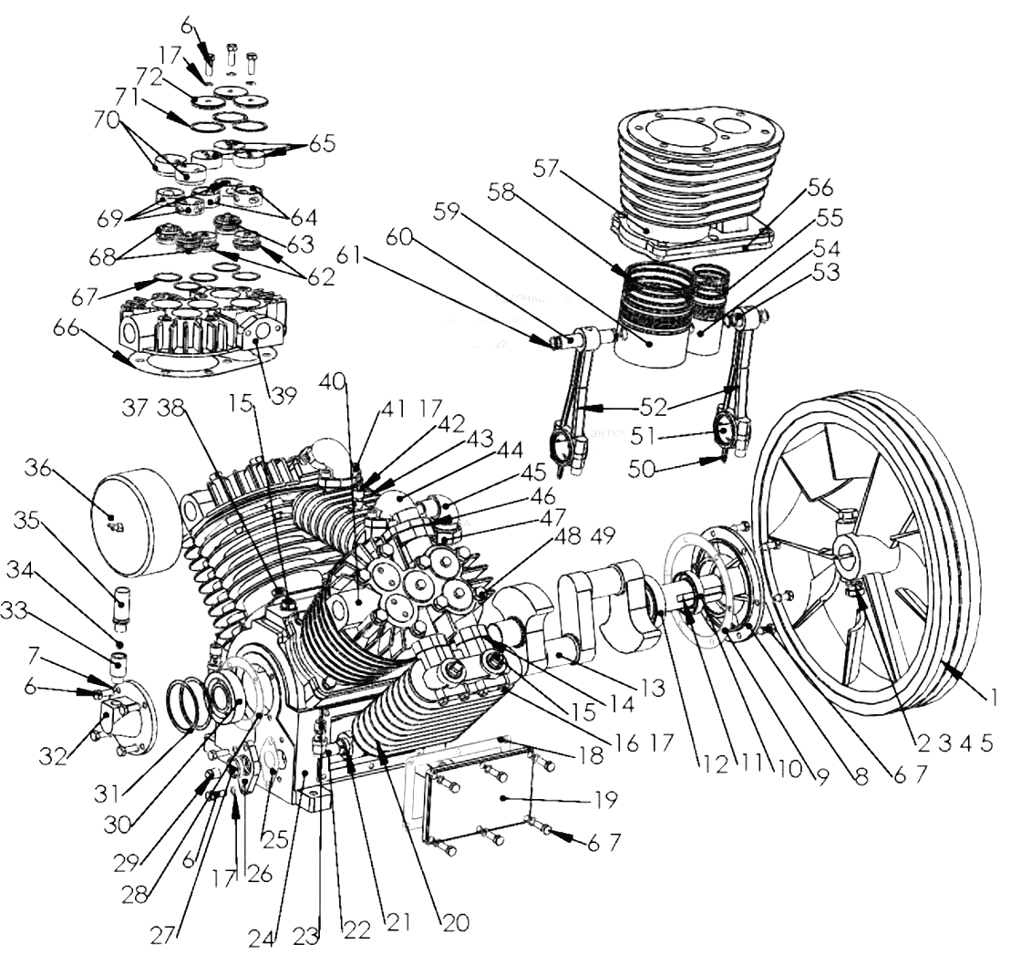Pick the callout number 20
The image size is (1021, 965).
click(454, 922)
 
